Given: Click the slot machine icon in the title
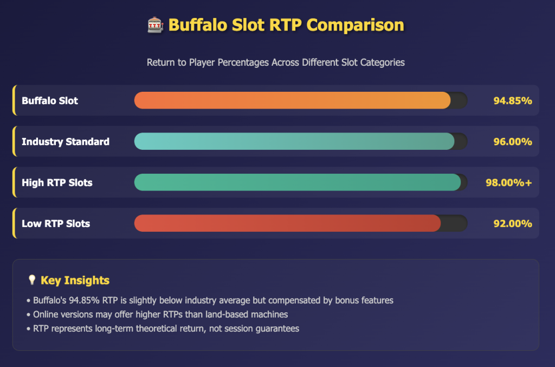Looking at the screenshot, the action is (x=156, y=25).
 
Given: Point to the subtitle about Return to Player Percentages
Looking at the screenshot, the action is (x=276, y=62).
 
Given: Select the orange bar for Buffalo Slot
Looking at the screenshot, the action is (x=292, y=100).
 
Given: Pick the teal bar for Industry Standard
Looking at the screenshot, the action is (x=294, y=141).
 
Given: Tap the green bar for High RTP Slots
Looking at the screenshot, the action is (x=298, y=182).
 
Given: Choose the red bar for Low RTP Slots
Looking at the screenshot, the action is (x=287, y=223).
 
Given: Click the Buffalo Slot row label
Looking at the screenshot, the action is (x=50, y=100).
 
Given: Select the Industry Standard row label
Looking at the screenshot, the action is (x=66, y=142).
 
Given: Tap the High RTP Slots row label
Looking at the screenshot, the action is (x=57, y=182).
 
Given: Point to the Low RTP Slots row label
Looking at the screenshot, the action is (x=56, y=224).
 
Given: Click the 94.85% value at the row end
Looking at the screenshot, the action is (x=513, y=100).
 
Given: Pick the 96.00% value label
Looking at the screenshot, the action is (x=513, y=142).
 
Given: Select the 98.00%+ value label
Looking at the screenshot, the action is (x=509, y=182).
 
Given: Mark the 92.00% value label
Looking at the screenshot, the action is (x=513, y=224).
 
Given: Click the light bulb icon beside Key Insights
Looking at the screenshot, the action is (x=32, y=280).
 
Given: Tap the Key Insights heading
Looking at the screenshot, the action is (x=75, y=281).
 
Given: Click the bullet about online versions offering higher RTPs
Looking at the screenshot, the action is (x=157, y=314).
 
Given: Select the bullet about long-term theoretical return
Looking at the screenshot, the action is (x=163, y=328).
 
